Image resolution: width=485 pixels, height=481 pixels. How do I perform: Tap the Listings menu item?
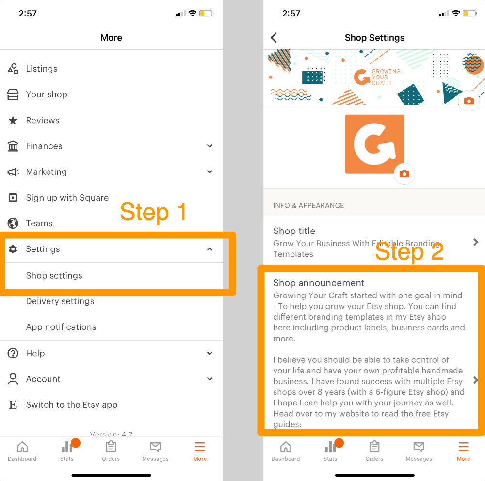pyautogui.click(x=41, y=69)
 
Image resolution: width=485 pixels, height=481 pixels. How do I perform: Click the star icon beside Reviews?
pyautogui.click(x=13, y=120)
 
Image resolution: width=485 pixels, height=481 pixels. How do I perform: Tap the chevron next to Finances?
pyautogui.click(x=210, y=146)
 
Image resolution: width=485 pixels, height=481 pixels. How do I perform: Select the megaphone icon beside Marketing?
pyautogui.click(x=13, y=172)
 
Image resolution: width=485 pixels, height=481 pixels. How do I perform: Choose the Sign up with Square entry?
pyautogui.click(x=67, y=198)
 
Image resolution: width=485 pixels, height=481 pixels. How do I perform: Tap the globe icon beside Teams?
pyautogui.click(x=13, y=223)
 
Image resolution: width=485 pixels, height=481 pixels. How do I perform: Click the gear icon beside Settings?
pyautogui.click(x=13, y=249)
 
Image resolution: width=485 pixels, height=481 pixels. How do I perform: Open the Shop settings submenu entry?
pyautogui.click(x=54, y=275)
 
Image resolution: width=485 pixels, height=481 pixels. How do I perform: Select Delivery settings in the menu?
pyautogui.click(x=60, y=301)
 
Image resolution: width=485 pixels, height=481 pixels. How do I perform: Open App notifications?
pyautogui.click(x=61, y=327)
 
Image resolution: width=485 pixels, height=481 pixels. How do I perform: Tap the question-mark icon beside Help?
pyautogui.click(x=13, y=353)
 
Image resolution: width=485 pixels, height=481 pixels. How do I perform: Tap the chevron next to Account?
pyautogui.click(x=210, y=379)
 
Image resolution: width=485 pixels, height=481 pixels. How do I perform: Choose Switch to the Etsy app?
pyautogui.click(x=71, y=404)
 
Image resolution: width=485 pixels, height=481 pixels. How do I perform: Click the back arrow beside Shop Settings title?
pyautogui.click(x=274, y=38)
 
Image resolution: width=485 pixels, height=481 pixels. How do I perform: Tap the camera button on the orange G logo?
pyautogui.click(x=404, y=173)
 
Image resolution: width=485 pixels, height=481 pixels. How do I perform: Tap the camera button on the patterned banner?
pyautogui.click(x=469, y=101)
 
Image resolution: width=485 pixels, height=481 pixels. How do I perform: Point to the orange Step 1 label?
pyautogui.click(x=153, y=212)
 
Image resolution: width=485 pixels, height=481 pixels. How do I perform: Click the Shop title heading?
pyautogui.click(x=294, y=231)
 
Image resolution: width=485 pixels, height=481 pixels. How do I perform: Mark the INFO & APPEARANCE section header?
pyautogui.click(x=308, y=205)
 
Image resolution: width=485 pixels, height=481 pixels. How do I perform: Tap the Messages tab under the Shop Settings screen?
pyautogui.click(x=419, y=451)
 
